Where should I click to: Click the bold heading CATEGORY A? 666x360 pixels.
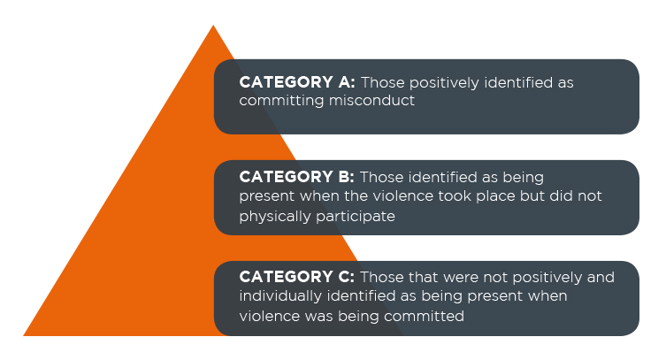point(297,82)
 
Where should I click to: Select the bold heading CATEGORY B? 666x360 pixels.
point(296,177)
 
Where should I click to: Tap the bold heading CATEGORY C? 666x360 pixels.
point(296,277)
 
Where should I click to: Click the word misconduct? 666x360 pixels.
point(371,100)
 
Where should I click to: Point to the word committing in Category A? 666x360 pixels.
point(281,102)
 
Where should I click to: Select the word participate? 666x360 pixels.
point(356,218)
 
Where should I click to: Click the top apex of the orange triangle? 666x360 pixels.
point(213,25)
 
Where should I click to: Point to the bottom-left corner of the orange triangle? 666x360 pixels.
point(23,335)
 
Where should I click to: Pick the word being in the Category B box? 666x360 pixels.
point(523,178)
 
